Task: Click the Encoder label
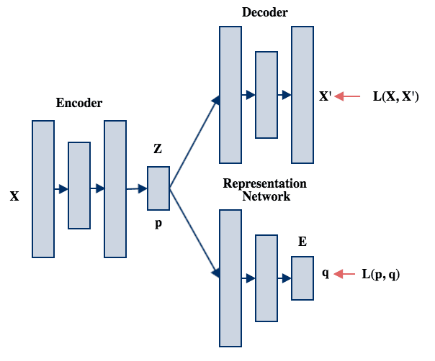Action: click(79, 104)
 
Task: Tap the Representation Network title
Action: click(265, 190)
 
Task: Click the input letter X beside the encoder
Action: click(14, 196)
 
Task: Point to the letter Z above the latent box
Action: click(158, 150)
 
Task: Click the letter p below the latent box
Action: click(158, 224)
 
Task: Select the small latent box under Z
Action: click(158, 188)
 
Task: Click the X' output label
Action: click(325, 96)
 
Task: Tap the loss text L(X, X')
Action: click(396, 96)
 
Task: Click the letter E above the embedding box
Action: click(302, 242)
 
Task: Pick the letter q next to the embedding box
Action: click(326, 273)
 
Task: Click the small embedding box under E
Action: click(302, 277)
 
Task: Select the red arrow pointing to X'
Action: click(348, 96)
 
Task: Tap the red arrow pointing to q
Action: click(346, 273)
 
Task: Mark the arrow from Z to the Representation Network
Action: click(193, 232)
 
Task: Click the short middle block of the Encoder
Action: click(79, 186)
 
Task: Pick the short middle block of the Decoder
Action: click(266, 94)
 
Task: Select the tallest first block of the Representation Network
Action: click(230, 278)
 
